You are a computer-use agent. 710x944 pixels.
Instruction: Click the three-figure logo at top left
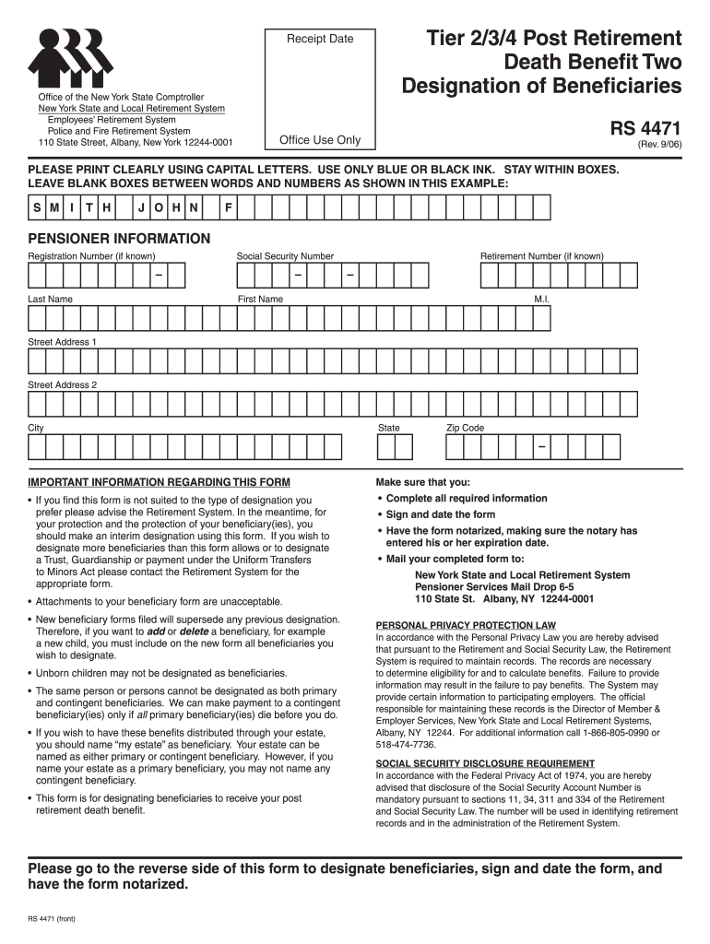tap(72, 56)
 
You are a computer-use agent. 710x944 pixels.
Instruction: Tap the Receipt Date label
tap(319, 39)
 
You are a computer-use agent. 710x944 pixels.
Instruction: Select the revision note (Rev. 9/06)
tap(658, 146)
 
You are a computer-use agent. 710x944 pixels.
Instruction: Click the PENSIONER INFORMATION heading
tap(119, 239)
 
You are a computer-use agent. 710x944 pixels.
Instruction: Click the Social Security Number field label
tap(285, 256)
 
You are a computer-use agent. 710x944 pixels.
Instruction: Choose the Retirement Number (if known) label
tap(541, 256)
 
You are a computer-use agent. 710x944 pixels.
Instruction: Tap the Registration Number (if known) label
tap(91, 256)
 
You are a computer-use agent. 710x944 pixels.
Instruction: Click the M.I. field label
tap(541, 300)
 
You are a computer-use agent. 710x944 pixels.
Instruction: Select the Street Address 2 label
tap(62, 384)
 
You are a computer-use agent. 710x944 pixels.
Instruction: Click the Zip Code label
tap(465, 428)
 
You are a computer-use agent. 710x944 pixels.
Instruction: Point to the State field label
tap(388, 428)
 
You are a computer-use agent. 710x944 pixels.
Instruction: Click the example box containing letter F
tap(229, 208)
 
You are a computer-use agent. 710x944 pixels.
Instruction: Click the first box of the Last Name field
tap(37, 318)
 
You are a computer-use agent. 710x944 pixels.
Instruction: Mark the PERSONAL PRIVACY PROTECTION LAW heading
tap(466, 624)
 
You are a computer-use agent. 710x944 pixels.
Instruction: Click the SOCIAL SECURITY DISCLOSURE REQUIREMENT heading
tap(485, 763)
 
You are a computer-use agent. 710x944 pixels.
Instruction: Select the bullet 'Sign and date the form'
tap(440, 514)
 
